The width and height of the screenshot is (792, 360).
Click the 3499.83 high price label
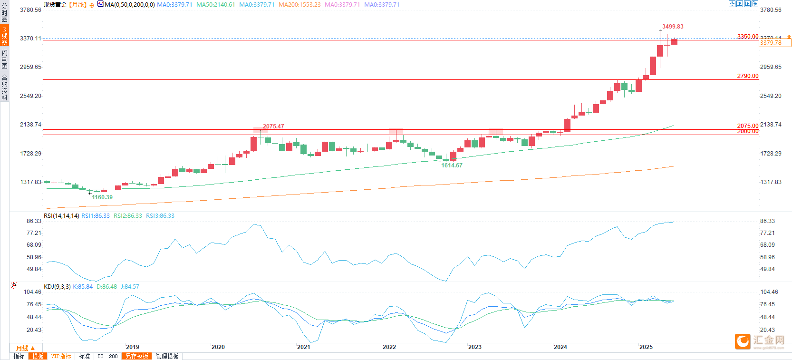pos(673,27)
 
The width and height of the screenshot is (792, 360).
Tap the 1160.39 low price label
pos(102,197)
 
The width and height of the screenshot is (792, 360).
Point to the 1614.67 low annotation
pos(452,165)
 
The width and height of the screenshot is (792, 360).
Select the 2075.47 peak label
pos(273,126)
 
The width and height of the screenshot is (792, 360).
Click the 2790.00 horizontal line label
pos(748,76)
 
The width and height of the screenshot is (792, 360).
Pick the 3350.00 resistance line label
pos(748,37)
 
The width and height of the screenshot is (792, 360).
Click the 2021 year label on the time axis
pos(304,347)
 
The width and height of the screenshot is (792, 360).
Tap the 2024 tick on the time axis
pos(560,347)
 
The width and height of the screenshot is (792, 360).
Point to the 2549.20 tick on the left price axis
pos(30,96)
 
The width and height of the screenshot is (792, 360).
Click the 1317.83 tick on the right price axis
pos(771,182)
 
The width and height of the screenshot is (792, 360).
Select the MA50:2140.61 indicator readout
pos(215,5)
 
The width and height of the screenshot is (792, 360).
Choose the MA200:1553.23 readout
pos(299,5)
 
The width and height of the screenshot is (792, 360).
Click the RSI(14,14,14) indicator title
pos(61,216)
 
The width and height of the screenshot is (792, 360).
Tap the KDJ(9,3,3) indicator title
pos(57,287)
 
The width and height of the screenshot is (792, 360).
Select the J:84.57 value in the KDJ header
pos(130,287)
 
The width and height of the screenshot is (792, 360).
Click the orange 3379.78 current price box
pos(775,43)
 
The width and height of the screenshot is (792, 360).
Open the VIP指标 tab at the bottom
pos(61,356)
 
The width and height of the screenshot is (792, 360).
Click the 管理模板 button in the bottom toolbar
pos(167,356)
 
